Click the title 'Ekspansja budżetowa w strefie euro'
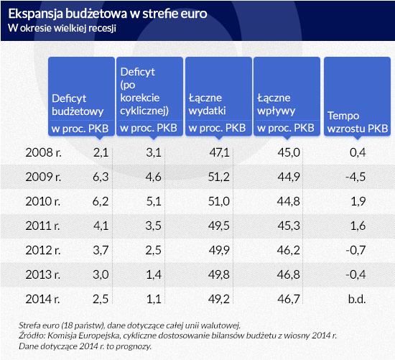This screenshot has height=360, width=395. tap(108, 14)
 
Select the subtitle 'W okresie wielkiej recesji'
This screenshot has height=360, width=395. tap(62, 28)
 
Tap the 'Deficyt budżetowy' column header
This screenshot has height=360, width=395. tap(78, 105)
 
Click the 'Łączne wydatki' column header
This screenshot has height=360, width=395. tap(207, 104)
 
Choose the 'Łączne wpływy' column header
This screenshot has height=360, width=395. tap(276, 104)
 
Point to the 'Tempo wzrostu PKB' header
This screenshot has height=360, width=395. tap(358, 122)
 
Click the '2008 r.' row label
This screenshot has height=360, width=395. tap(43, 152)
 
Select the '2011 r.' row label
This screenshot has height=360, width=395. tap(42, 226)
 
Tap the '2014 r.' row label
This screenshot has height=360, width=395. tap(42, 299)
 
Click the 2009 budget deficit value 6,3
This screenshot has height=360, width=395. tap(101, 177)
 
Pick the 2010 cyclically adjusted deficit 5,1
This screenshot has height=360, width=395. tap(154, 201)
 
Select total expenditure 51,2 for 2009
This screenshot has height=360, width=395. tap(218, 177)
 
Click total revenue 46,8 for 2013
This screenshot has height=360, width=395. tap(289, 274)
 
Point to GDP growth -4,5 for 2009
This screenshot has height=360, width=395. tap(355, 177)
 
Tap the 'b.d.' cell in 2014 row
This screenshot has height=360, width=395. tap(357, 299)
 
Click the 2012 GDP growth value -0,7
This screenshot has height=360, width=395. tap(355, 250)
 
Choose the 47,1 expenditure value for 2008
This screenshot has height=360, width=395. tap(219, 152)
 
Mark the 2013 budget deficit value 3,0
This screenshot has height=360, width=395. tap(101, 274)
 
